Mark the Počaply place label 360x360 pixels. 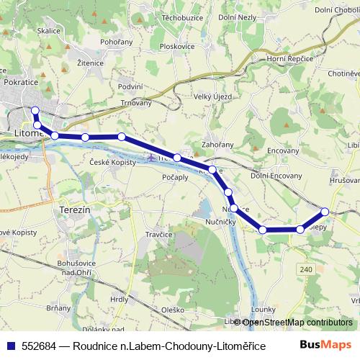click(176, 177)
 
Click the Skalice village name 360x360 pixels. click(49, 31)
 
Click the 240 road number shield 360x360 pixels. click(305, 269)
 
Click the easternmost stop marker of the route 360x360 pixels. click(325, 212)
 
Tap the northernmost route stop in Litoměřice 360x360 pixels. click(35, 110)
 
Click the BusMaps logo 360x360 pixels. click(325, 344)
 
